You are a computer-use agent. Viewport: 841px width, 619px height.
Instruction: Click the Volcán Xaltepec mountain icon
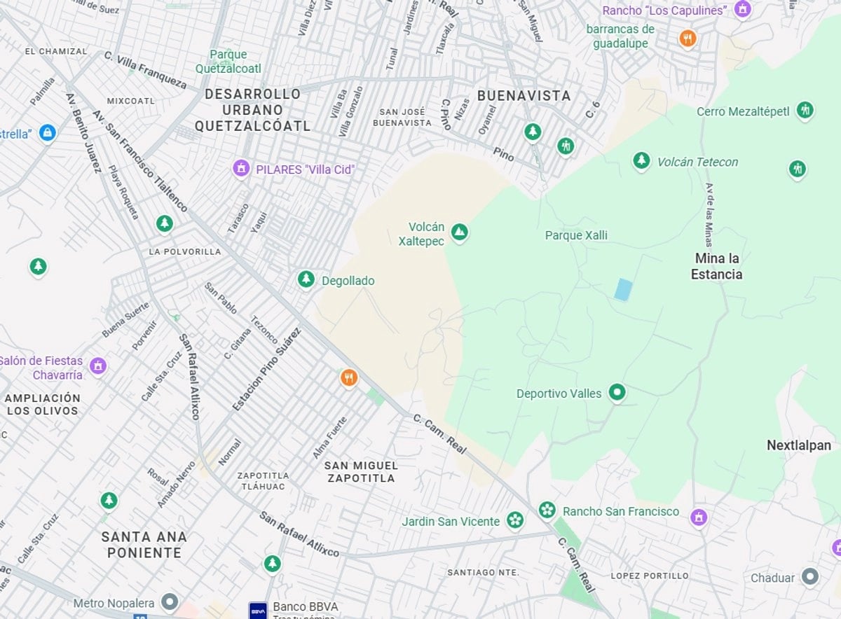tap(459, 232)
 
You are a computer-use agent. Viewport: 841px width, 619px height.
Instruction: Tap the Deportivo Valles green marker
tap(617, 393)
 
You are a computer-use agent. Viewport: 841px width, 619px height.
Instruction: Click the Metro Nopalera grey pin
tap(169, 601)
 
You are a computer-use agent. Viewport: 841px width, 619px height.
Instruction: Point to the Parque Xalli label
tap(576, 235)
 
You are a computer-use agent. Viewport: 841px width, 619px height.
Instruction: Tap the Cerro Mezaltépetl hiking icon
tap(805, 110)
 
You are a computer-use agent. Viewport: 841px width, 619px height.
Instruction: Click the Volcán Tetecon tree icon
tap(641, 161)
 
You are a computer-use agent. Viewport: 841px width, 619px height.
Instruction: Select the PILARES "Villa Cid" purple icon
tap(241, 168)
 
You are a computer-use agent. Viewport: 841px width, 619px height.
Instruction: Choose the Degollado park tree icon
tap(306, 279)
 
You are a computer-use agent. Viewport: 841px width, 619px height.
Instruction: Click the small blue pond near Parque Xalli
tap(622, 289)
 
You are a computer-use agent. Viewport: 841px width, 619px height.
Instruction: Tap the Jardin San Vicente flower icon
tap(515, 520)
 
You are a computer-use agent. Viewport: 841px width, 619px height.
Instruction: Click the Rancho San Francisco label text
tap(621, 511)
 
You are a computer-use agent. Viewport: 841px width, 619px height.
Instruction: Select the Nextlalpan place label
tap(798, 445)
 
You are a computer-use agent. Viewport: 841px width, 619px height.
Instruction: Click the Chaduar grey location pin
tap(810, 577)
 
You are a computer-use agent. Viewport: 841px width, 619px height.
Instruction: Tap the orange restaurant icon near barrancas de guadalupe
tap(688, 39)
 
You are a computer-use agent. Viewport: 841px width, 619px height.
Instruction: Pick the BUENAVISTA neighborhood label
tap(524, 95)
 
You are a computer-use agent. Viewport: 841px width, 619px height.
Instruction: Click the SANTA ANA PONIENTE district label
tap(144, 545)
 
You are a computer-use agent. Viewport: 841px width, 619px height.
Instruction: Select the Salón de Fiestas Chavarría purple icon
tap(97, 365)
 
